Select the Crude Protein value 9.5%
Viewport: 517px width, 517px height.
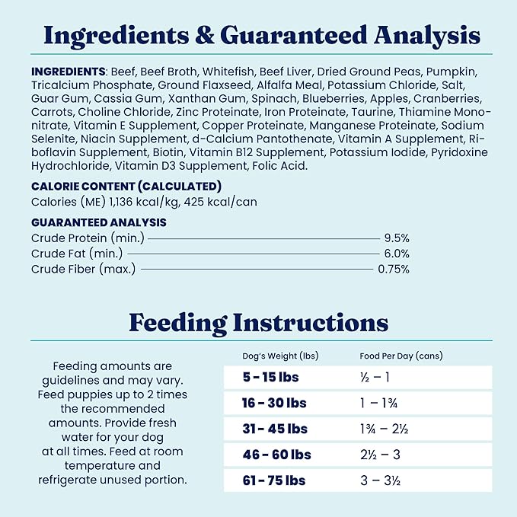coord(396,238)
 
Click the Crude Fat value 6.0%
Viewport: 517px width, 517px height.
coord(396,254)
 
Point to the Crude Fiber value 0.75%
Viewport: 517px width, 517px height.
coord(394,269)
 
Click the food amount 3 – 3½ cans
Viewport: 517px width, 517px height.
coord(381,480)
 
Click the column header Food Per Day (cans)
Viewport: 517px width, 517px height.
coord(401,356)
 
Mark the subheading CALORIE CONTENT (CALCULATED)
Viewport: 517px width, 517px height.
coord(126,186)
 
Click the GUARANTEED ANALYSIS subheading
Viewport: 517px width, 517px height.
coord(99,222)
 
